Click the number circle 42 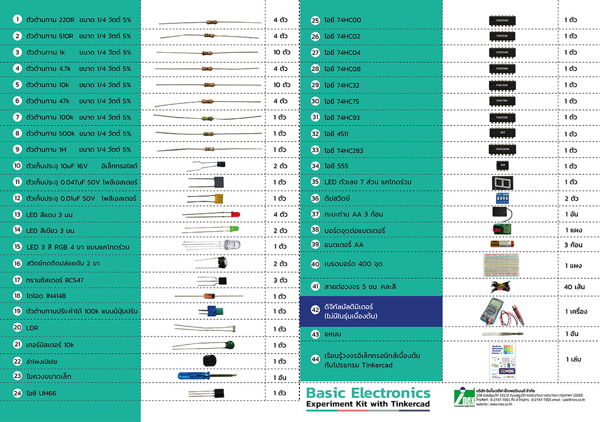pyautogui.click(x=316, y=310)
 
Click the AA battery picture pyautogui.click(x=505, y=244)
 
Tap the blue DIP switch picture pyautogui.click(x=502, y=198)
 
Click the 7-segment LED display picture pyautogui.click(x=502, y=182)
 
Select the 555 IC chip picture pyautogui.click(x=502, y=165)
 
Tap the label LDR pyautogui.click(x=32, y=328)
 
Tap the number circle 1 pyautogui.click(x=18, y=19)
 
